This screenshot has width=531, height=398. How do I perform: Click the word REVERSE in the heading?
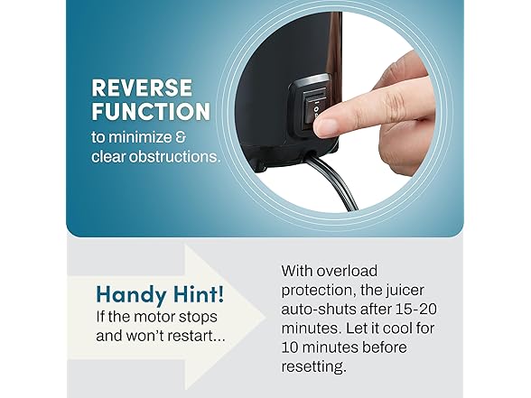142,88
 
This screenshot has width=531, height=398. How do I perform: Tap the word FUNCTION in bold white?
151,111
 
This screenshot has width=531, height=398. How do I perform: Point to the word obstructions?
175,156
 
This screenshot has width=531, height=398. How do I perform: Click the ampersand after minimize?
181,137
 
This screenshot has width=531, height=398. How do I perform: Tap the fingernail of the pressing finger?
323,127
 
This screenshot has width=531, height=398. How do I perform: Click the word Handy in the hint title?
127,295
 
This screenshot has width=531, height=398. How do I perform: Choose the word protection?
318,291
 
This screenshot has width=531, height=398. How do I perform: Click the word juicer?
404,291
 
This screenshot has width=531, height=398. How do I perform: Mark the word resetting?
314,366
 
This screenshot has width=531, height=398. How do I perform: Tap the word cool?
398,329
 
